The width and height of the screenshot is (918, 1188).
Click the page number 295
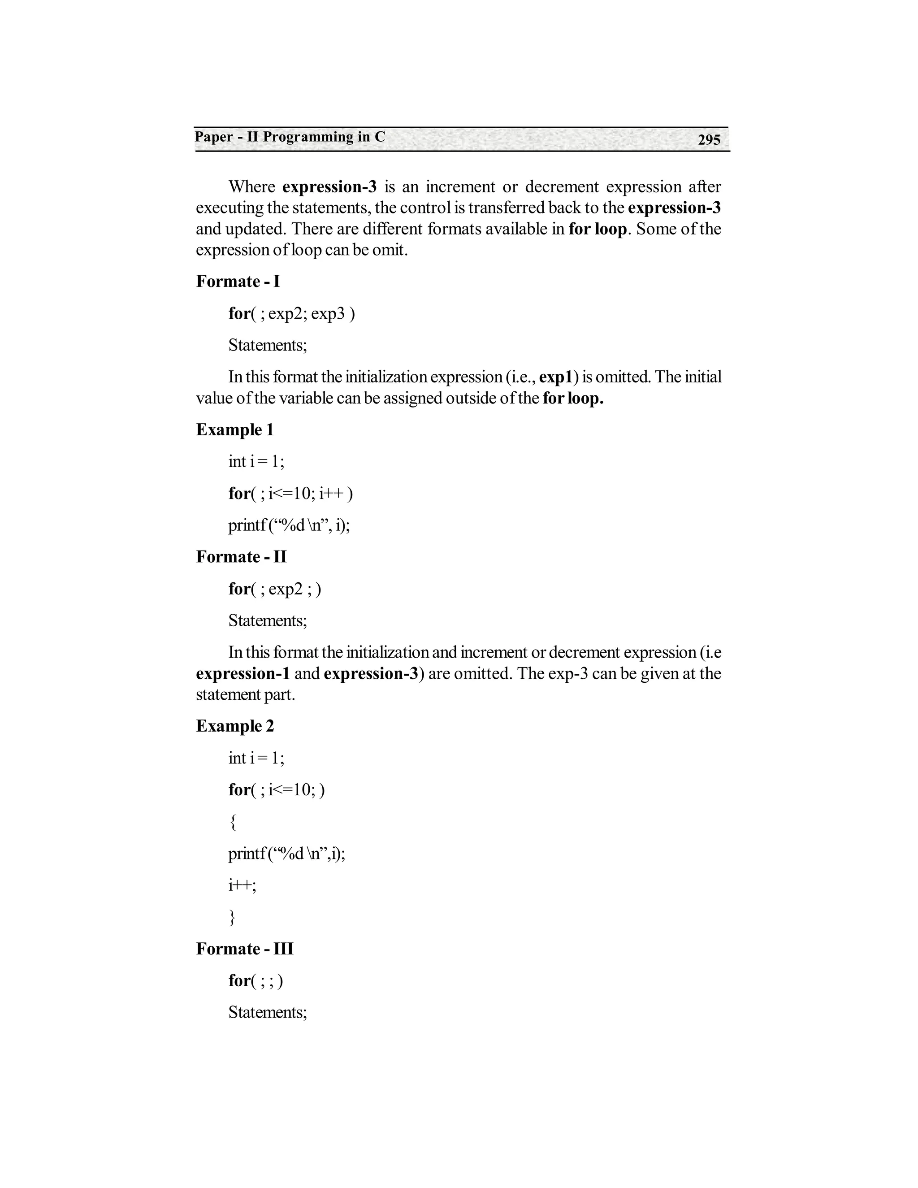click(709, 140)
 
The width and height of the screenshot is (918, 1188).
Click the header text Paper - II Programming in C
click(290, 137)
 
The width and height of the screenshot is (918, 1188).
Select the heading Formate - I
click(238, 281)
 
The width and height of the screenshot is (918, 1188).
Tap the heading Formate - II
click(241, 556)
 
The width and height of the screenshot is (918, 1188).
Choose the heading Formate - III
click(244, 949)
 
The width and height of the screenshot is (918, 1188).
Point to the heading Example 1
click(234, 430)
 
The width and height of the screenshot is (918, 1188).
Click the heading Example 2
click(235, 726)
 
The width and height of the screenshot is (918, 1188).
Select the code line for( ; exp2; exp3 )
click(291, 313)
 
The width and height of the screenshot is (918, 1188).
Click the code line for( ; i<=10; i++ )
click(290, 494)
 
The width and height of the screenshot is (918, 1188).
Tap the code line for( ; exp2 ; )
click(275, 589)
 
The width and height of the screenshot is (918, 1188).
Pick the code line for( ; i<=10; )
click(276, 790)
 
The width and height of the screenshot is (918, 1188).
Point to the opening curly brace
click(233, 822)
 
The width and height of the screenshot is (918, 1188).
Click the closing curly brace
click(233, 917)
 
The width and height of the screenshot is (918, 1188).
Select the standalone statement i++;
click(242, 885)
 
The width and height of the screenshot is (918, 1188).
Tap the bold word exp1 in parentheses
click(556, 377)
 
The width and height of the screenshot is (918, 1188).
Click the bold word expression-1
click(242, 673)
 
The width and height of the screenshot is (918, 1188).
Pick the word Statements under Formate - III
click(268, 1012)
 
